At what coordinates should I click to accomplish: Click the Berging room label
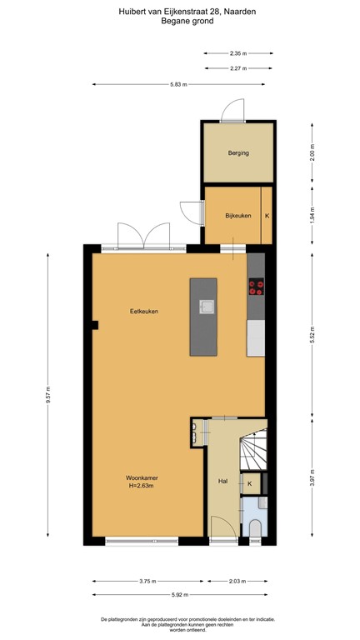[x=238, y=153]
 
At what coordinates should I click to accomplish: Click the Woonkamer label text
[x=142, y=477]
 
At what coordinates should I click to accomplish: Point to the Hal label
[x=222, y=482]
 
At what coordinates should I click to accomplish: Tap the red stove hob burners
[x=256, y=288]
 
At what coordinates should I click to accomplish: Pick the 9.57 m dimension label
[x=48, y=392]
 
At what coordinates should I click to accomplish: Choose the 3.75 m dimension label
[x=147, y=582]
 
